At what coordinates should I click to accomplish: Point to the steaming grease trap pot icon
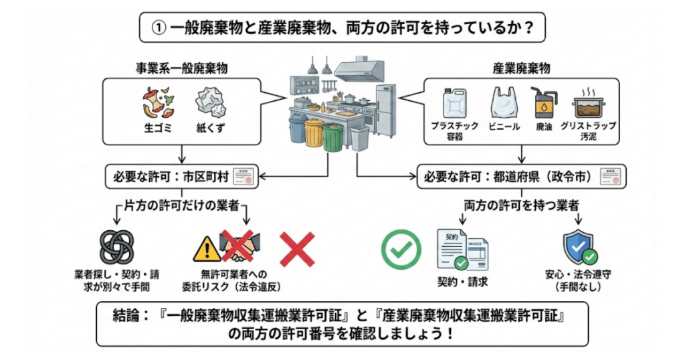(589, 106)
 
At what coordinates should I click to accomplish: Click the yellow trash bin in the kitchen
(314, 133)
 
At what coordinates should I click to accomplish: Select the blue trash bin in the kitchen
(297, 128)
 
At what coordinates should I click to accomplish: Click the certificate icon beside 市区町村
(246, 176)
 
